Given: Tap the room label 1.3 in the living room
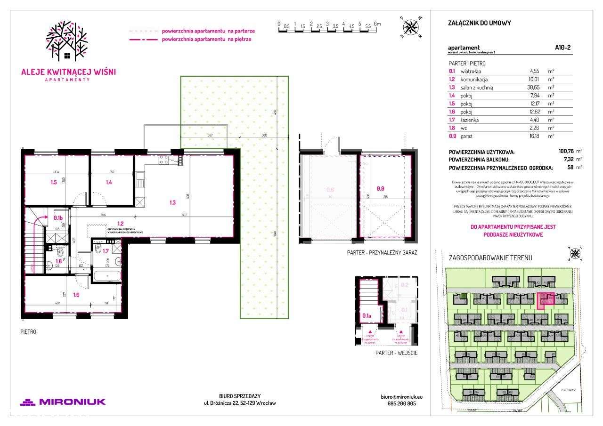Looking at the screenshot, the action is click(x=173, y=203).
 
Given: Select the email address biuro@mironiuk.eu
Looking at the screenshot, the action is click(x=399, y=397).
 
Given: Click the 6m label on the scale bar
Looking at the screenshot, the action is click(x=377, y=24).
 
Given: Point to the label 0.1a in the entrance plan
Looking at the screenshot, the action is click(x=367, y=316).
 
